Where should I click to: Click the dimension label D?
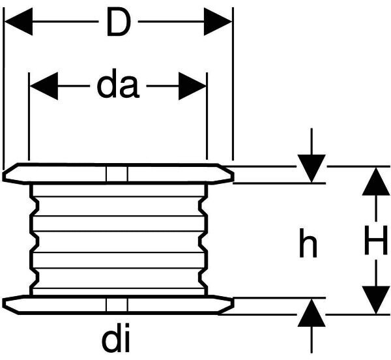tap(117, 23)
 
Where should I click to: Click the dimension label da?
tap(118, 85)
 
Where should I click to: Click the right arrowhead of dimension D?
tap(218, 23)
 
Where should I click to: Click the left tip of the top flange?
tap(5, 175)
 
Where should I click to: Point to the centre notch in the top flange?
tap(118, 173)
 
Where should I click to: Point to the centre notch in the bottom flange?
tap(118, 305)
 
